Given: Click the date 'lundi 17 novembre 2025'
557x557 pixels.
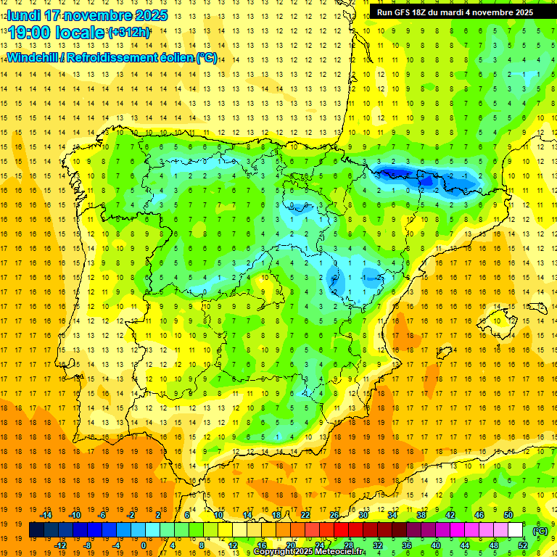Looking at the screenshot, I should pos(87,15).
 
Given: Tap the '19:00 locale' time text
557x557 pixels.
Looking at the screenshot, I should pos(57,33).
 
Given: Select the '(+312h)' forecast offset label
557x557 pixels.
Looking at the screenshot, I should pos(129,33).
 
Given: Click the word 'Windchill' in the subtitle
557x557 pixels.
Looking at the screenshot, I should pos(31,57).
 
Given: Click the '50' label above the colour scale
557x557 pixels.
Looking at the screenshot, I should pos(508,515).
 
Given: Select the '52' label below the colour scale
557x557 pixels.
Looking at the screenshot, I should pos(522,545).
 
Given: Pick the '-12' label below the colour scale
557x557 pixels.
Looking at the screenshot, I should pos(61,545).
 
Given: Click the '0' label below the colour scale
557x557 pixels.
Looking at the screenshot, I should pos(144,545).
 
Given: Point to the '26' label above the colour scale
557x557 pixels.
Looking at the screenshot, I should pos(334,515).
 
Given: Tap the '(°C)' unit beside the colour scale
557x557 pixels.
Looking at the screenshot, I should pos(540,531).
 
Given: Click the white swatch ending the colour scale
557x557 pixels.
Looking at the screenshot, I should pos(515,530).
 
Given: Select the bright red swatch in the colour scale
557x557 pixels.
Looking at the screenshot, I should pos(341,530).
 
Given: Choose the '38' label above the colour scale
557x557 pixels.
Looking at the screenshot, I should pos(421,515).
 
